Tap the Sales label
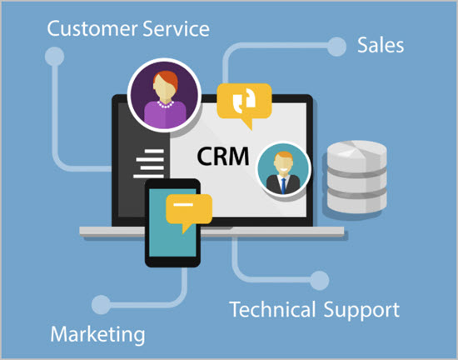coord(381,45)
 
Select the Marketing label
coord(98,334)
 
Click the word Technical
coord(273,309)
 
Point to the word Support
coord(361,311)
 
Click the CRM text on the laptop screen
coord(223,157)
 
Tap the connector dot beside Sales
coord(336,47)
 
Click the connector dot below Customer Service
coord(55,56)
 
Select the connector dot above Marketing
coord(101,305)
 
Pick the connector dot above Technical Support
coord(320,281)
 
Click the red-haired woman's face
coord(165,87)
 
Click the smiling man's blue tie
coord(283,185)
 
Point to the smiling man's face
coord(283,164)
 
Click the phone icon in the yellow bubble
coord(244,101)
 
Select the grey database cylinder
coord(356,177)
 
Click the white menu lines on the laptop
coord(149,163)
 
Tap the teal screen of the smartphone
coord(172,224)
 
